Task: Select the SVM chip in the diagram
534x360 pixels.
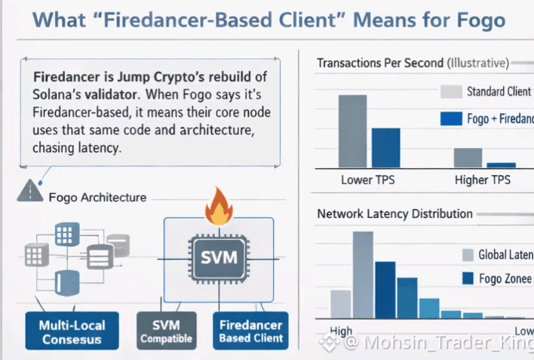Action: coord(219,257)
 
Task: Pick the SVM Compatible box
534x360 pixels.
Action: coord(167,331)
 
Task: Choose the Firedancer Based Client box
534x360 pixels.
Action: coord(250,331)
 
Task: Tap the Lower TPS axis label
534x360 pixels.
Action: coord(367,180)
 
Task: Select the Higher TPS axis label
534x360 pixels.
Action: coord(483,180)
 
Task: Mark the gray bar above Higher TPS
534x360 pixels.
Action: coord(462,157)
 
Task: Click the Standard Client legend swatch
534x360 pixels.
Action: coord(450,92)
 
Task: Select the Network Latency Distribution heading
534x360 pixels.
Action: coord(394,214)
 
